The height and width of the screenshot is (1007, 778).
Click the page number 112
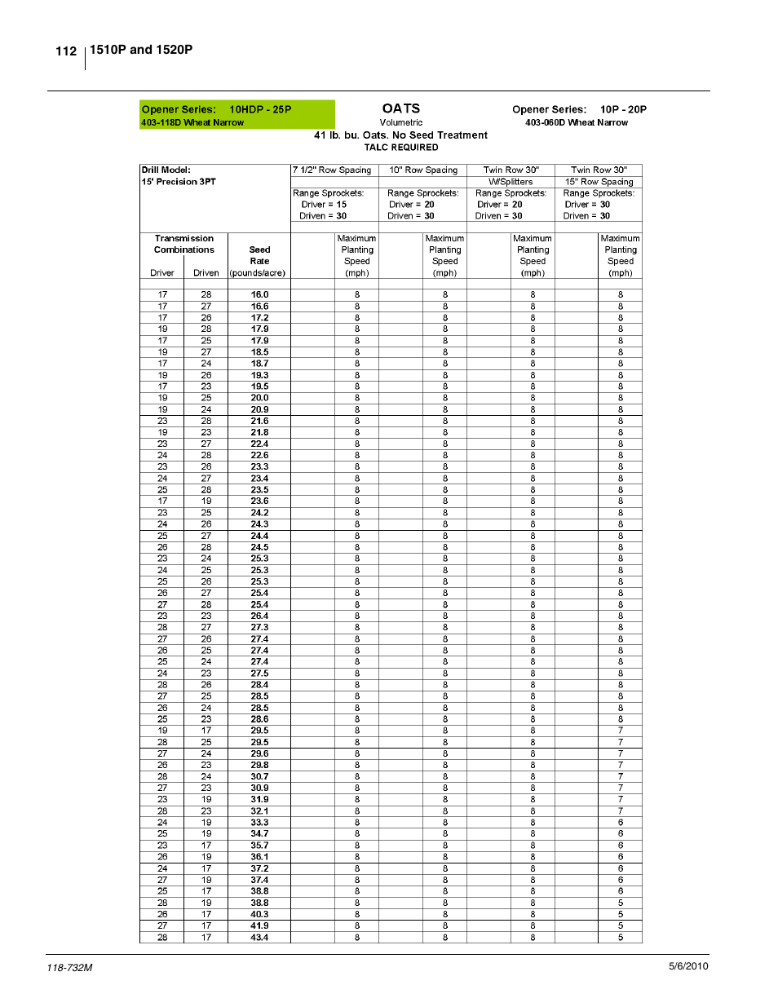point(66,51)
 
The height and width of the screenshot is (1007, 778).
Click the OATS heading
point(401,108)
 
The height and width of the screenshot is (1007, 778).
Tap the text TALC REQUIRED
point(401,148)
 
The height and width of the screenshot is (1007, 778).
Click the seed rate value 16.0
point(259,295)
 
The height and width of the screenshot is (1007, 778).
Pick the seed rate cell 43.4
point(259,938)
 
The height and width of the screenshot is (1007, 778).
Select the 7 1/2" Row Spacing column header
point(332,170)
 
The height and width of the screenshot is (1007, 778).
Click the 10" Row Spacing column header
point(423,170)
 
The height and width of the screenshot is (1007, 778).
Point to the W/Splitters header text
point(511,182)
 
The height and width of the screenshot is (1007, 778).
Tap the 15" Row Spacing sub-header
point(599,182)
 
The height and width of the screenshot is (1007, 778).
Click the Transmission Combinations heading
point(184,245)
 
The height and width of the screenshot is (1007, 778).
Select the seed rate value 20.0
point(259,398)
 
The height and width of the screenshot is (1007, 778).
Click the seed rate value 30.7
point(259,777)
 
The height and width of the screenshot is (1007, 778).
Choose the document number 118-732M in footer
point(70,968)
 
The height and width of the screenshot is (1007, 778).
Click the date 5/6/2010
point(688,966)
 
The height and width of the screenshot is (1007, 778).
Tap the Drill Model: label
point(166,170)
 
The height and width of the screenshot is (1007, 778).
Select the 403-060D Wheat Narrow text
point(577,123)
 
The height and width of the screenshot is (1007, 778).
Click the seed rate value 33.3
point(259,823)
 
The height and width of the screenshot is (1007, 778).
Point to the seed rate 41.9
point(259,926)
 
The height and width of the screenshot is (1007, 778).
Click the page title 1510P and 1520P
point(141,50)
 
